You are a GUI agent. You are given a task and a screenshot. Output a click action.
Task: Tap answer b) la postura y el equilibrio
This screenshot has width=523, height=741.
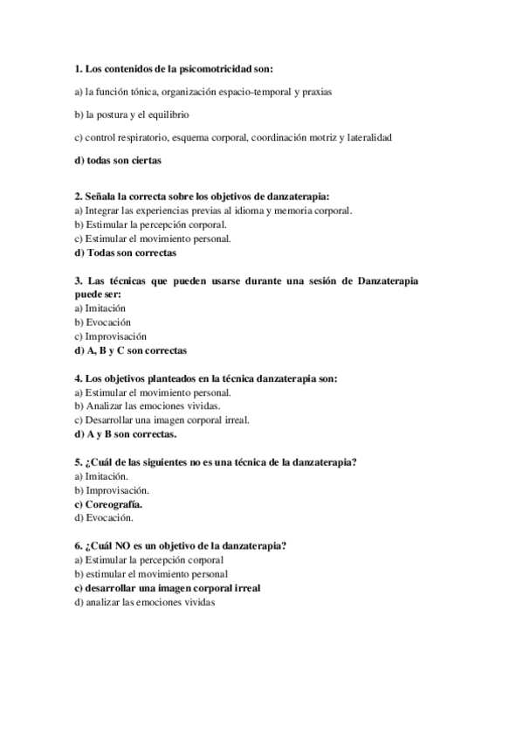[132, 114]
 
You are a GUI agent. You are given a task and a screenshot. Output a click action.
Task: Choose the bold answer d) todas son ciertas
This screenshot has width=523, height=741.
[118, 161]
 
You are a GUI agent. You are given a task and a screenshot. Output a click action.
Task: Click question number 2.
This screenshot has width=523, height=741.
[79, 197]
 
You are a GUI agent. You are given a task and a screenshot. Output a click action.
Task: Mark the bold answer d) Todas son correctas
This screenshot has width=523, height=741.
[125, 253]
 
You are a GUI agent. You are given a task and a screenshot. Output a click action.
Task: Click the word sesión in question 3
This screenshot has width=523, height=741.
[316, 280]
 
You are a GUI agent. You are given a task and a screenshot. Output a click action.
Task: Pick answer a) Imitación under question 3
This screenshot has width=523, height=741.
[100, 308]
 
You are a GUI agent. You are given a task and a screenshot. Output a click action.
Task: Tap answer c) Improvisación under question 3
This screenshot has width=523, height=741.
[110, 336]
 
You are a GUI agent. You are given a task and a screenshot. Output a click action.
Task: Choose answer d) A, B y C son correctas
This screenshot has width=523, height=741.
[130, 350]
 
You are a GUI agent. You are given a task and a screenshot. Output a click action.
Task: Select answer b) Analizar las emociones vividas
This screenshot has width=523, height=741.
[147, 406]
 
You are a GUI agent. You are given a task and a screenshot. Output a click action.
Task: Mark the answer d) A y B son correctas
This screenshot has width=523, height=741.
[125, 434]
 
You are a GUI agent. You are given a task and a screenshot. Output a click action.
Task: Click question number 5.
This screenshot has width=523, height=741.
[79, 462]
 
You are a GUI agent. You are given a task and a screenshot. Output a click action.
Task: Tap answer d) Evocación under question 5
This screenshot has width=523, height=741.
[104, 518]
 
